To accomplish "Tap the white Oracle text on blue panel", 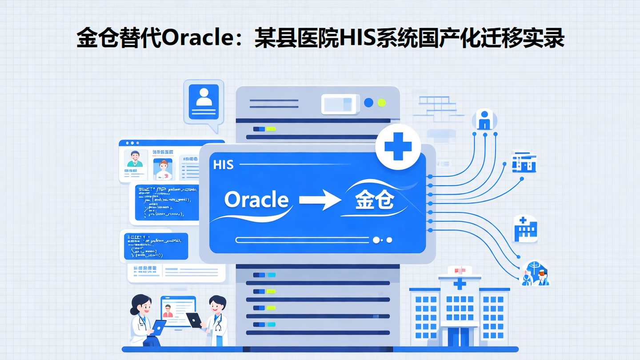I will pyautogui.click(x=256, y=200).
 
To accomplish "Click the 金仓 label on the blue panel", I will pyautogui.click(x=374, y=201).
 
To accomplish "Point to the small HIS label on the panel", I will pyautogui.click(x=223, y=165).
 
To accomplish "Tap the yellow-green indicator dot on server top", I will pyautogui.click(x=381, y=103).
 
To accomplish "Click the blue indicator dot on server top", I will pyautogui.click(x=368, y=103).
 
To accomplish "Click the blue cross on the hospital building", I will pyautogui.click(x=460, y=284).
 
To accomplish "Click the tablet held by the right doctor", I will pyautogui.click(x=194, y=320).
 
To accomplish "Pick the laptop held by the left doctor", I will pyautogui.click(x=159, y=328).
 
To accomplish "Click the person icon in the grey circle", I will pyautogui.click(x=484, y=120).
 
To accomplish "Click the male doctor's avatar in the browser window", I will pyautogui.click(x=135, y=159).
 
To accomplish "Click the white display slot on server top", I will pyautogui.click(x=340, y=104).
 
